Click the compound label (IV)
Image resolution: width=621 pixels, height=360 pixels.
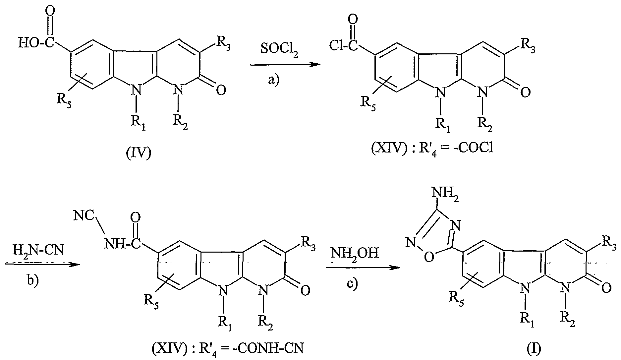pyautogui.click(x=139, y=154)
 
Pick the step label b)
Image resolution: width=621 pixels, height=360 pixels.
pyautogui.click(x=32, y=279)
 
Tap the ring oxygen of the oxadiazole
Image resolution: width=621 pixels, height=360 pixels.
pyautogui.click(x=429, y=257)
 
